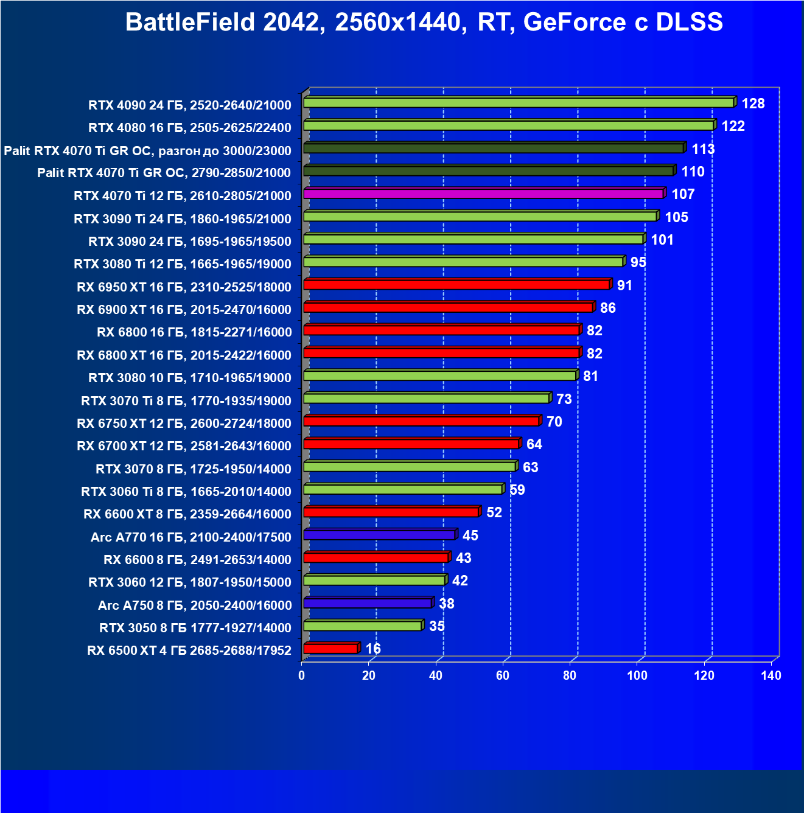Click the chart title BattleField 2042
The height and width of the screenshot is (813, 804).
pyautogui.click(x=424, y=23)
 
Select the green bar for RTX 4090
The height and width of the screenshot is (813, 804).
pyautogui.click(x=519, y=103)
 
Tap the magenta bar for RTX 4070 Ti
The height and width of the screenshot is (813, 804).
pyautogui.click(x=483, y=194)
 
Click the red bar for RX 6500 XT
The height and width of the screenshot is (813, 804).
pyautogui.click(x=330, y=649)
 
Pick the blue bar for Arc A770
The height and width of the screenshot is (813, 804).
pyautogui.click(x=379, y=535)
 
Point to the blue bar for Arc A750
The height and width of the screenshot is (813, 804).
pyautogui.click(x=368, y=603)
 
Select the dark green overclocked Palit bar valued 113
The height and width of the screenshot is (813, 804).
pyautogui.click(x=494, y=148)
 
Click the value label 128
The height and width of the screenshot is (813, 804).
pyautogui.click(x=753, y=103)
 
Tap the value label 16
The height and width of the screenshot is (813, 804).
pyautogui.click(x=373, y=649)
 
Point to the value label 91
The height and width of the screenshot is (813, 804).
pyautogui.click(x=624, y=285)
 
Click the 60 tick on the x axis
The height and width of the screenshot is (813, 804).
pyautogui.click(x=503, y=675)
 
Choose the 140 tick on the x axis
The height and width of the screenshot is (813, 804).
pyautogui.click(x=771, y=675)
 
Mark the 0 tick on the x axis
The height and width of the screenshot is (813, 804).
pyautogui.click(x=302, y=675)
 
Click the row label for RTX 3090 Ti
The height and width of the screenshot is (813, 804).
pyautogui.click(x=183, y=218)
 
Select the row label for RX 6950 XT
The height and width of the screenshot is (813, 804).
pyautogui.click(x=184, y=287)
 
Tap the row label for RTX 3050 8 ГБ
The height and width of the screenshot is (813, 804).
pyautogui.click(x=195, y=627)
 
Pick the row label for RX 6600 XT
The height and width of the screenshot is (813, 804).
pyautogui.click(x=187, y=514)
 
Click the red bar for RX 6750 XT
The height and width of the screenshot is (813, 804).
pyautogui.click(x=421, y=421)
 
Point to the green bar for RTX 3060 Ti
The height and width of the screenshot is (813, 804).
pyautogui.click(x=403, y=489)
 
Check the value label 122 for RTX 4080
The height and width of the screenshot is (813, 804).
pyautogui.click(x=733, y=126)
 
